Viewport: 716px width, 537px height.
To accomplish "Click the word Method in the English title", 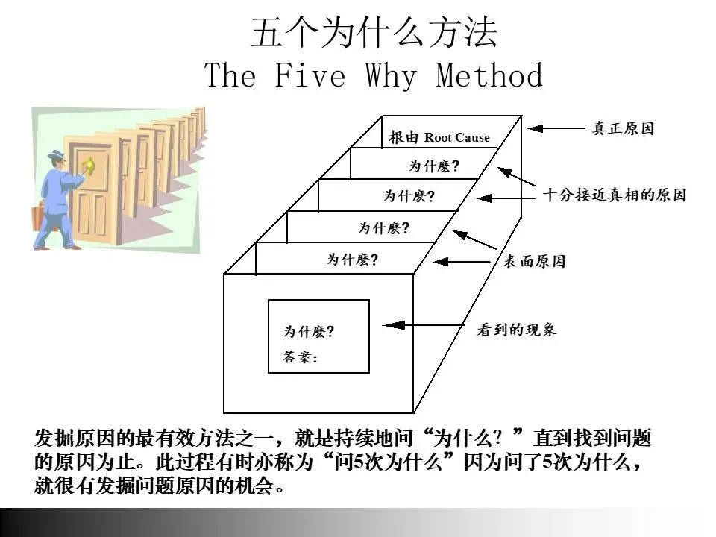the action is pyautogui.click(x=489, y=75).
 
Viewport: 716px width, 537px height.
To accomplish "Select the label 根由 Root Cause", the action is pyautogui.click(x=439, y=137).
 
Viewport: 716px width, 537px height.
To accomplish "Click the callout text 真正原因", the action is pyautogui.click(x=623, y=128).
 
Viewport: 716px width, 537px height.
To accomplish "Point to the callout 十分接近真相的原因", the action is pyautogui.click(x=614, y=195).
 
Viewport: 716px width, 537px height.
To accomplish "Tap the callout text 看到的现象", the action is pyautogui.click(x=516, y=330).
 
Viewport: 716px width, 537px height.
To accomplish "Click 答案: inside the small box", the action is pyautogui.click(x=301, y=357).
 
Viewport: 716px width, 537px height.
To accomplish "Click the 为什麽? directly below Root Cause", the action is pyautogui.click(x=433, y=166).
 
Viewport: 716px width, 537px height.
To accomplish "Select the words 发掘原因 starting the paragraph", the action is pyautogui.click(x=69, y=438).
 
